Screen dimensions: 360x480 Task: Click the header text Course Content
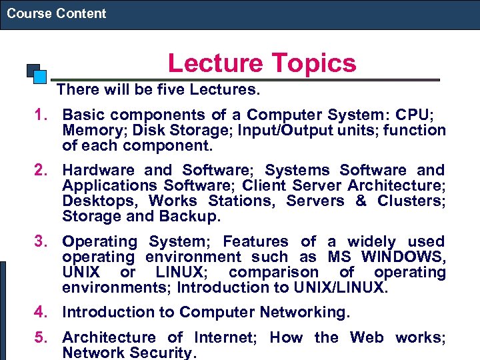click(57, 13)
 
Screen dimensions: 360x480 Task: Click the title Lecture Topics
click(262, 63)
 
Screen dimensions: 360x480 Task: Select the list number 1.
click(44, 115)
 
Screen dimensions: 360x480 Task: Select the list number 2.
click(44, 171)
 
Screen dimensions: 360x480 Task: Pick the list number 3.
click(44, 242)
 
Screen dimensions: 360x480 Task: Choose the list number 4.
click(44, 312)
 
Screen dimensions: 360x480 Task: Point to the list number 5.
click(44, 338)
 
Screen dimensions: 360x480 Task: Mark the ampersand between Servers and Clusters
click(361, 201)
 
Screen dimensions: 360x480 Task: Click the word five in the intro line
click(155, 89)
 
